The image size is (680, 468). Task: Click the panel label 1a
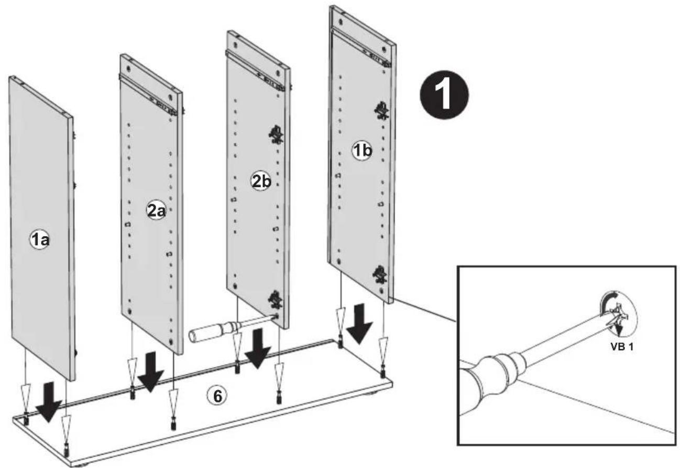pyautogui.click(x=40, y=240)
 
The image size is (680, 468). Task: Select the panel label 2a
pyautogui.click(x=156, y=211)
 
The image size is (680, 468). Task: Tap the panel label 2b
pyautogui.click(x=261, y=182)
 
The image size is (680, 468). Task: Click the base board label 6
pyautogui.click(x=217, y=396)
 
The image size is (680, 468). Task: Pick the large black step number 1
pyautogui.click(x=444, y=95)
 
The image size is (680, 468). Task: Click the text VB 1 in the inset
pyautogui.click(x=622, y=347)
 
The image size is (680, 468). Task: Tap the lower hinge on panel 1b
pyautogui.click(x=380, y=275)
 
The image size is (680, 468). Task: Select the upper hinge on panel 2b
pyautogui.click(x=276, y=134)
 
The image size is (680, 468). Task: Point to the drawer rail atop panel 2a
pyautogui.click(x=148, y=94)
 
